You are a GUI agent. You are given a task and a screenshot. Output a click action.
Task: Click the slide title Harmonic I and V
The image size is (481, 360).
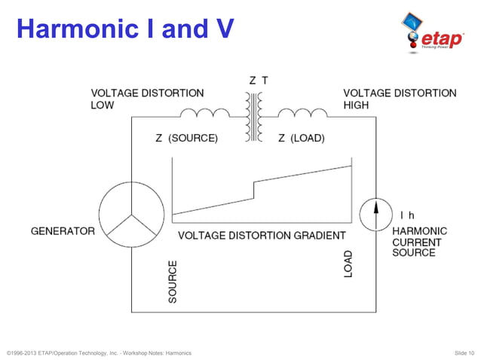(125, 29)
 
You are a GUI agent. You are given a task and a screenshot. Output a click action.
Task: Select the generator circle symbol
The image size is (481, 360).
(131, 214)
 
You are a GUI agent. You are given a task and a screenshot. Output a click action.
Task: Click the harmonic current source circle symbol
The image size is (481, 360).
(375, 214)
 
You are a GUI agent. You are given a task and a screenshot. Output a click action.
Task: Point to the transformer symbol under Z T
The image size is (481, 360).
(253, 117)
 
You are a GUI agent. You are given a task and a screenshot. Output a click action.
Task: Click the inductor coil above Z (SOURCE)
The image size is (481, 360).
(205, 114)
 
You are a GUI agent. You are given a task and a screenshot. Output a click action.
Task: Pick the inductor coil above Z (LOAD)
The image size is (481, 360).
(302, 114)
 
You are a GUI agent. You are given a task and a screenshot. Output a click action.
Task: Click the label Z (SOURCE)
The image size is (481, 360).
(186, 139)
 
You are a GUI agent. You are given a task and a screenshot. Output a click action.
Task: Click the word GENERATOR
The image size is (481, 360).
(63, 231)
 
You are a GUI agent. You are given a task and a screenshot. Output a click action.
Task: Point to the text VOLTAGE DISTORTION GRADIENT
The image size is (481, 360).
(262, 236)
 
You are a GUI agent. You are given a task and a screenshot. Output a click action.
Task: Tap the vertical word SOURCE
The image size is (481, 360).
(173, 282)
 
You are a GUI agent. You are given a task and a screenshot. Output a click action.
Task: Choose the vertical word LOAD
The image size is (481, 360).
(348, 263)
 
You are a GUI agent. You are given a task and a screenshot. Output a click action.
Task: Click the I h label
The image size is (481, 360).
(406, 215)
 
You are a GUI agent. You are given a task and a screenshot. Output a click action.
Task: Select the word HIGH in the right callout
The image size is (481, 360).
(356, 105)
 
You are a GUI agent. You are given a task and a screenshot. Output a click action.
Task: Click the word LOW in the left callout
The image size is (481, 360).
(103, 105)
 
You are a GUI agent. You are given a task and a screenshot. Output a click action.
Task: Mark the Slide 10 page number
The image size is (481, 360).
(464, 352)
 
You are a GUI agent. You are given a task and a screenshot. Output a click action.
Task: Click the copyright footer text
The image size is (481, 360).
(98, 352)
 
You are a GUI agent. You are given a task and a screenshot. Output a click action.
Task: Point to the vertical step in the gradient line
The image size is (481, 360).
(254, 189)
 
